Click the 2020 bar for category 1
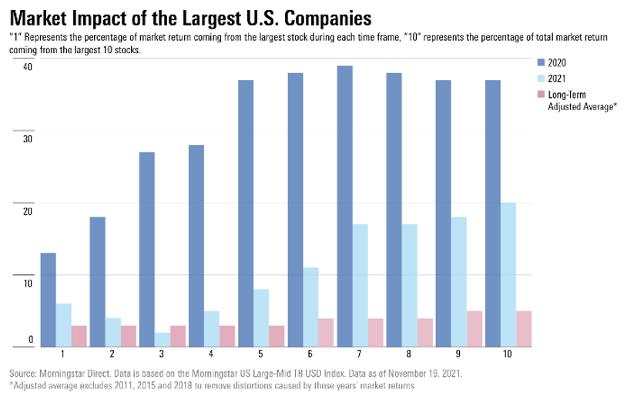(x=48, y=300)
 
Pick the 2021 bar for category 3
(x=162, y=339)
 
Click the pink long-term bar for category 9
(x=474, y=328)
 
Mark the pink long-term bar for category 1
(x=79, y=336)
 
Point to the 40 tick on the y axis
(x=28, y=67)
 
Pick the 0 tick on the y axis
(x=31, y=340)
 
